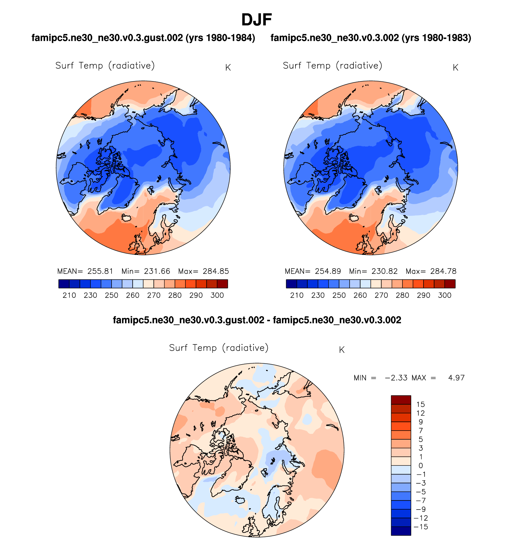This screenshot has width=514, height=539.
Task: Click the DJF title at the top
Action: click(x=256, y=20)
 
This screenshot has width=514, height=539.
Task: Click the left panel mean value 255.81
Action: click(x=100, y=271)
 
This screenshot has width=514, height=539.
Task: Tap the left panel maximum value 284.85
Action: click(x=216, y=271)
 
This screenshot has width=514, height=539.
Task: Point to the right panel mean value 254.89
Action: click(x=328, y=271)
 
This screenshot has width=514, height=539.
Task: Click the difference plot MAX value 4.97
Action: click(x=456, y=378)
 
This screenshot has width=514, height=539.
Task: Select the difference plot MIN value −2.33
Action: click(x=396, y=378)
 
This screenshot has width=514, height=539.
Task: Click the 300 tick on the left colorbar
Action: click(x=217, y=295)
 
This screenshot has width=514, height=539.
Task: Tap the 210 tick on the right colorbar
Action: click(x=297, y=295)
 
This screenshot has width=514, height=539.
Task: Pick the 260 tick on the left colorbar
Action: click(x=133, y=295)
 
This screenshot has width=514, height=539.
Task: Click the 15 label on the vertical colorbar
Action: click(x=421, y=404)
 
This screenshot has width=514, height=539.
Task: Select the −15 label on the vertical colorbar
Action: click(x=421, y=527)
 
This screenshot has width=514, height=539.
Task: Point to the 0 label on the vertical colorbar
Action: click(x=421, y=466)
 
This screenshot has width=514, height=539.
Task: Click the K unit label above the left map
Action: click(x=228, y=68)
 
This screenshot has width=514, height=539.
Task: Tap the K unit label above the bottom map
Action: click(x=341, y=350)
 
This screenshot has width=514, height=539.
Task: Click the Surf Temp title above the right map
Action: click(x=332, y=65)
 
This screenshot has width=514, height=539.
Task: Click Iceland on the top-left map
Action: click(x=127, y=218)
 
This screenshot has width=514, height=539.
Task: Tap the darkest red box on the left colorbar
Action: click(x=222, y=284)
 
